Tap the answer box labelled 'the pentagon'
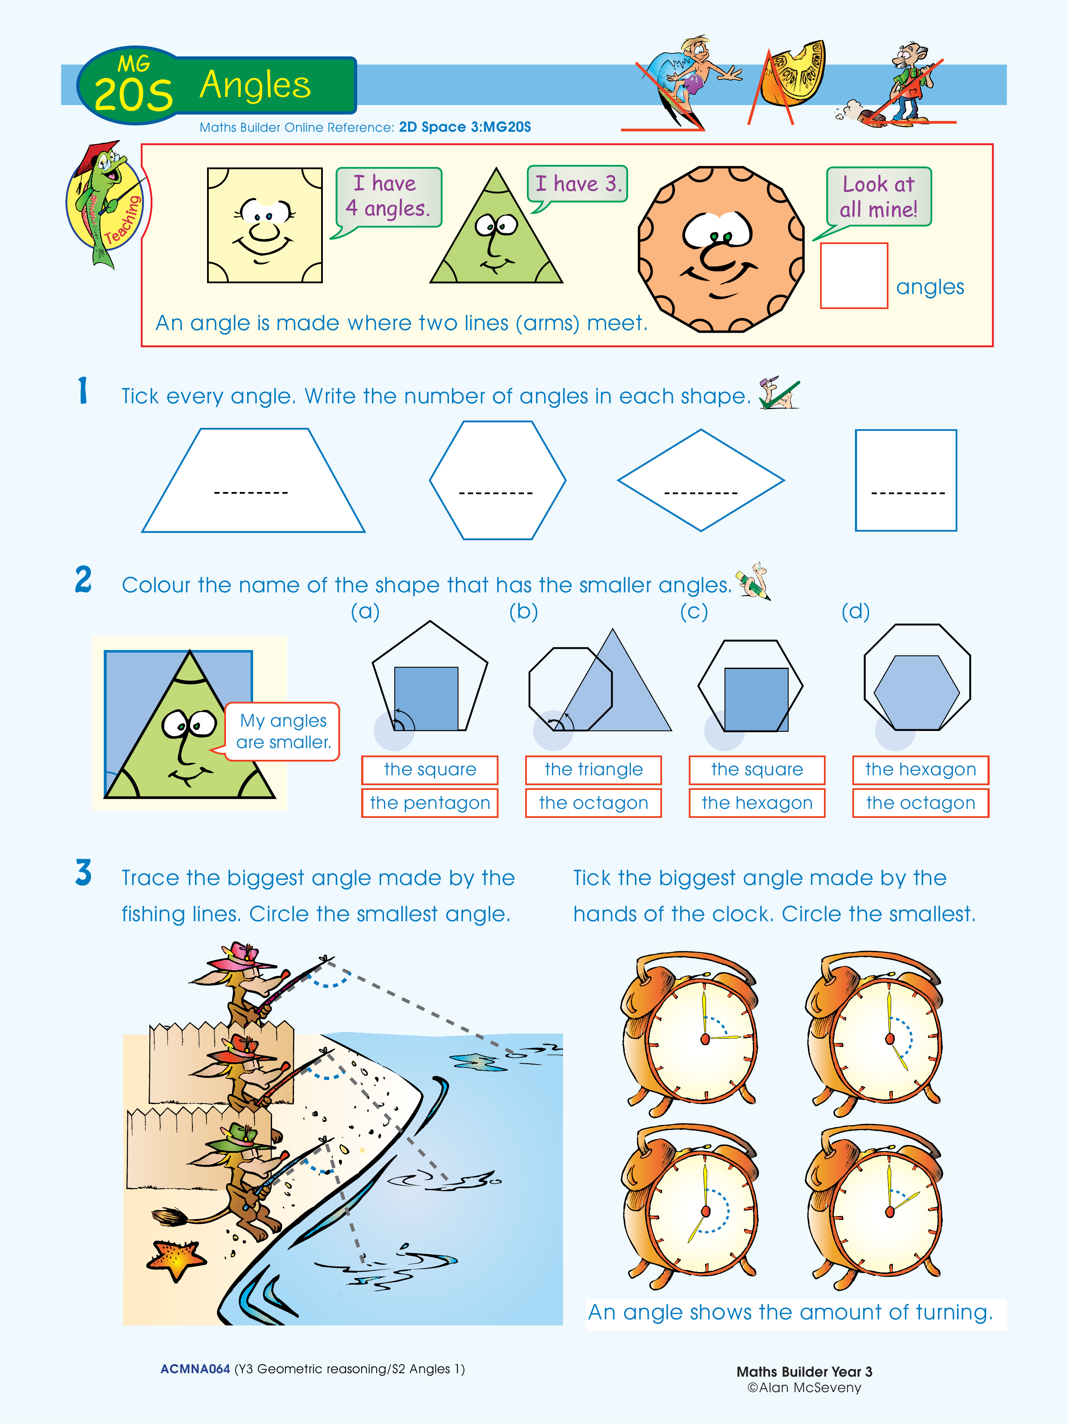click(x=430, y=803)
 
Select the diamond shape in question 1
click(x=701, y=480)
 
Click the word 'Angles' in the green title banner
click(x=255, y=85)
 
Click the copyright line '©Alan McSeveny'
click(x=804, y=1388)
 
